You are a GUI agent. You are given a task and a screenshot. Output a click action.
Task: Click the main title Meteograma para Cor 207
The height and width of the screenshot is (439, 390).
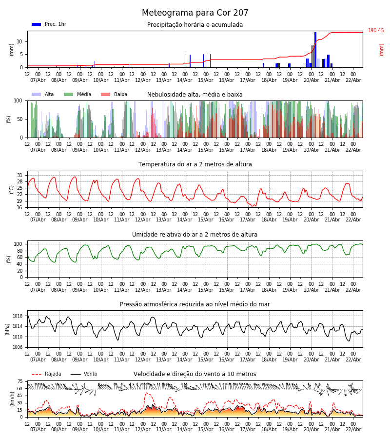tap(195, 13)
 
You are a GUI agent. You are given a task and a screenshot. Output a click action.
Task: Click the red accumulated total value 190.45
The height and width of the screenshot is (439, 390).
tap(376, 31)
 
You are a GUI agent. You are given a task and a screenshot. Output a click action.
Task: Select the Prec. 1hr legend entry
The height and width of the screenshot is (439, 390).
tap(49, 24)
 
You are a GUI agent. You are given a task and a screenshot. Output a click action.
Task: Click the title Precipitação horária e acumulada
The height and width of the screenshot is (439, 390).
tap(195, 25)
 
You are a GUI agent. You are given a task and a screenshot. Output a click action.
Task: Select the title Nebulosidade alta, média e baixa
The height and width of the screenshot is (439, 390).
tap(195, 95)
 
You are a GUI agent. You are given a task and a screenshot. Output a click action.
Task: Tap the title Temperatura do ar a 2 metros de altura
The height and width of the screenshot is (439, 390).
tap(195, 164)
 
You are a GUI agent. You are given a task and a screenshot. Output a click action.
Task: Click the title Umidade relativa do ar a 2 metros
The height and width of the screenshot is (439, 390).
tap(195, 235)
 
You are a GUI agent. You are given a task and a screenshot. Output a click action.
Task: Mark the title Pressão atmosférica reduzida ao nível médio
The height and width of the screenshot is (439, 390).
tap(195, 304)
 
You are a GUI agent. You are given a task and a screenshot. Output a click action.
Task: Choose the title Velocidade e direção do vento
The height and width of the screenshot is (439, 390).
tap(195, 374)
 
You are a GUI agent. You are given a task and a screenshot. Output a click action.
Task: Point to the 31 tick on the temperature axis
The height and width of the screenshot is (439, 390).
tap(20, 175)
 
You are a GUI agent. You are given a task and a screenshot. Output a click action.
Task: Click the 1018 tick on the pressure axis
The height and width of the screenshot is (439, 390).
tap(18, 316)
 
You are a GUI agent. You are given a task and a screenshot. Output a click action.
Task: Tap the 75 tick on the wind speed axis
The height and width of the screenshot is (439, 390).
tap(20, 381)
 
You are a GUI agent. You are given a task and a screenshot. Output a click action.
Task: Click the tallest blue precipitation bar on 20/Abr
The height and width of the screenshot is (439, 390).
tap(315, 49)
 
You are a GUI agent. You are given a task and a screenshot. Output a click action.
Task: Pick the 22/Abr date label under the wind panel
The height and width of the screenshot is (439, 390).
tap(353, 429)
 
